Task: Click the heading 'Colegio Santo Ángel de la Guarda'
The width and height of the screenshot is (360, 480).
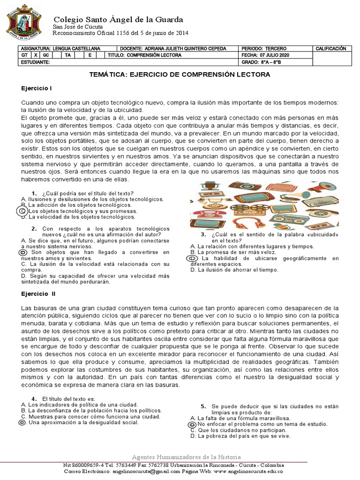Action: click(118, 19)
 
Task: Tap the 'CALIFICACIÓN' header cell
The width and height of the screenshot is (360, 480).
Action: click(331, 48)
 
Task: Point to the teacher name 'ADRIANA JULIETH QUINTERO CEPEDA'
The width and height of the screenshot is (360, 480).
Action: click(180, 49)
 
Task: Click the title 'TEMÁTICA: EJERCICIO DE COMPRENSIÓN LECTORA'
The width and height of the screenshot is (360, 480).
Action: click(180, 75)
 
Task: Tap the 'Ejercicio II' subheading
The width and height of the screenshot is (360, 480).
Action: click(38, 294)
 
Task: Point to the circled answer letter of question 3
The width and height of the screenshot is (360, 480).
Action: click(192, 258)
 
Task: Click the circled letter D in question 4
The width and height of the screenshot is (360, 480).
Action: click(22, 422)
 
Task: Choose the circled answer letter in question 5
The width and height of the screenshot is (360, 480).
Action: click(192, 424)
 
